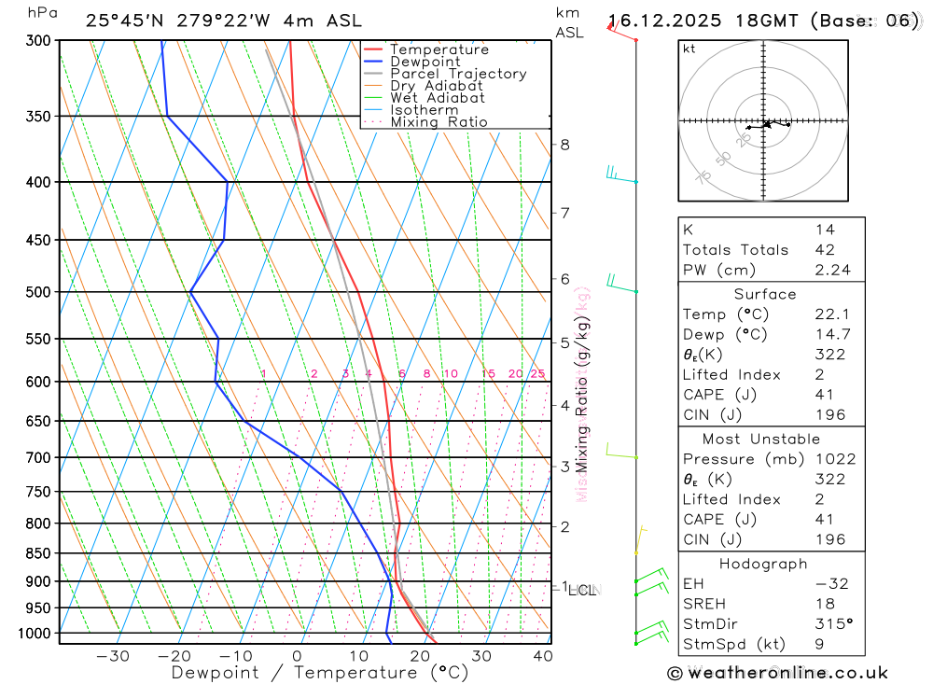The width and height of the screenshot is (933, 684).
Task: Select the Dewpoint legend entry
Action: (x=425, y=62)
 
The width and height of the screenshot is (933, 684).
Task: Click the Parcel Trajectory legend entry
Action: (x=458, y=74)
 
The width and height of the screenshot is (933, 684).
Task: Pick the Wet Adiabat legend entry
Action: (x=437, y=98)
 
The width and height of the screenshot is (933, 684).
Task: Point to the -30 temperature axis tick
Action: (x=113, y=656)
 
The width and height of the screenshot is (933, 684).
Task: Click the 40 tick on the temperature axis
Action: (x=542, y=656)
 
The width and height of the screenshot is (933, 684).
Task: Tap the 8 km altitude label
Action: (x=565, y=145)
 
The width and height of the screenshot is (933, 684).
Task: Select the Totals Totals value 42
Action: (x=825, y=250)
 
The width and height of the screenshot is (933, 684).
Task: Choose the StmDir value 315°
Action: (x=829, y=623)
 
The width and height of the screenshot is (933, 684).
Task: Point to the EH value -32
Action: (x=829, y=584)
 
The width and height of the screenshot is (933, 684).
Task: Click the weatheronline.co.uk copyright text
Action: (x=778, y=673)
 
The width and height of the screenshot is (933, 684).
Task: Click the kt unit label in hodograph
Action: (x=689, y=49)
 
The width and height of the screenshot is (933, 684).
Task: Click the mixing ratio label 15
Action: (x=489, y=374)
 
